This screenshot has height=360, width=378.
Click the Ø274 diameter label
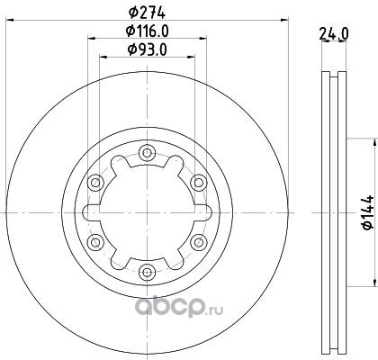[x=147, y=13]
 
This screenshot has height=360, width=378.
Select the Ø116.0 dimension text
[x=147, y=31]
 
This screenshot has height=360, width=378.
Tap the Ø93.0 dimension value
[x=147, y=49]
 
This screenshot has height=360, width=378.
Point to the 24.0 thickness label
[x=334, y=34]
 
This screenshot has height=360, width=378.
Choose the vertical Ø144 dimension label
[x=368, y=212]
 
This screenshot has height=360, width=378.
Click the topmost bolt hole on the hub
[x=147, y=153]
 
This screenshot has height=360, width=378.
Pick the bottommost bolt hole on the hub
[x=147, y=272]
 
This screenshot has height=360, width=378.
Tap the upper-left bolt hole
[x=95, y=183]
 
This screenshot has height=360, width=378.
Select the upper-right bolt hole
[x=199, y=183]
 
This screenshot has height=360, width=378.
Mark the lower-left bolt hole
[x=95, y=242]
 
